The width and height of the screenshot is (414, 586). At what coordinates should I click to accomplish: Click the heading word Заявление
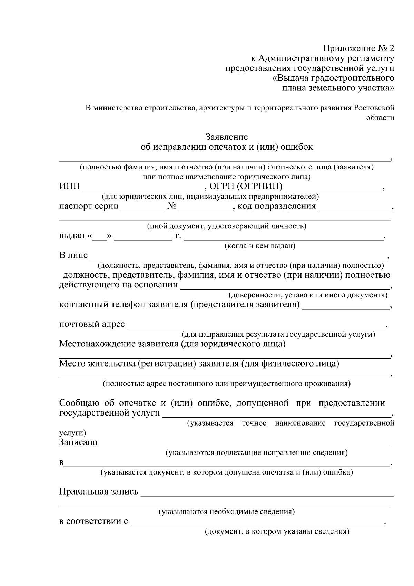pyautogui.click(x=227, y=137)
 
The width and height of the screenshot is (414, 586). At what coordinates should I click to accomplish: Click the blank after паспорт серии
pyautogui.click(x=143, y=208)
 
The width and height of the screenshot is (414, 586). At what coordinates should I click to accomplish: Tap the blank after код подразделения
pyautogui.click(x=355, y=208)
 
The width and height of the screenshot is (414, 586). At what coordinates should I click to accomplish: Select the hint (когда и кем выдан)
pyautogui.click(x=260, y=246)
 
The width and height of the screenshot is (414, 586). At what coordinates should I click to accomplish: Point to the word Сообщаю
pyautogui.click(x=79, y=403)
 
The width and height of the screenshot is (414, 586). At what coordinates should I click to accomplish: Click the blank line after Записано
pyautogui.click(x=243, y=444)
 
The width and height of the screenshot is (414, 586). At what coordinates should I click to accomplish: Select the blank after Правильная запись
pyautogui.click(x=267, y=494)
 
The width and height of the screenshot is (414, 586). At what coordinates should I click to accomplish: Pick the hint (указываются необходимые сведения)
pyautogui.click(x=226, y=512)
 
